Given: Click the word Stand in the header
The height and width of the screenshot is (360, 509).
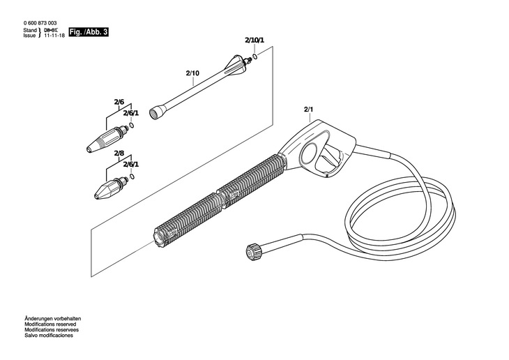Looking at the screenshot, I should click(29, 31).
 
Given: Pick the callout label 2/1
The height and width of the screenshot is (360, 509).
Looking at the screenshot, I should click(309, 110).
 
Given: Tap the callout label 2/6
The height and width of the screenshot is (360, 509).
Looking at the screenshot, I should click(119, 103).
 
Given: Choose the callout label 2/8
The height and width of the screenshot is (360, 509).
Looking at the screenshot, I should click(119, 155).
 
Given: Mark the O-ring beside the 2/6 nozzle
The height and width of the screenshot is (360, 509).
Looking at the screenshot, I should click(132, 126).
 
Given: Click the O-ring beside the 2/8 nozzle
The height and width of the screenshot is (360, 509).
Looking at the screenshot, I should click(132, 177).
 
